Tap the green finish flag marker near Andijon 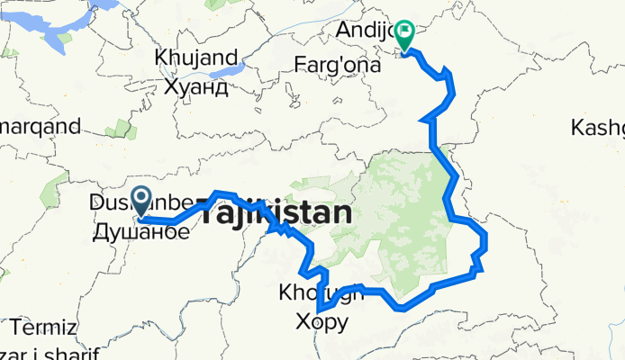click(x=404, y=34)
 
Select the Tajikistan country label click(x=274, y=214)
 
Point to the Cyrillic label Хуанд click(x=195, y=87)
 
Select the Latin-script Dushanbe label click(x=112, y=204)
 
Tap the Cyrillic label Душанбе click(x=141, y=232)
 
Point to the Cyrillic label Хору click(x=322, y=321)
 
